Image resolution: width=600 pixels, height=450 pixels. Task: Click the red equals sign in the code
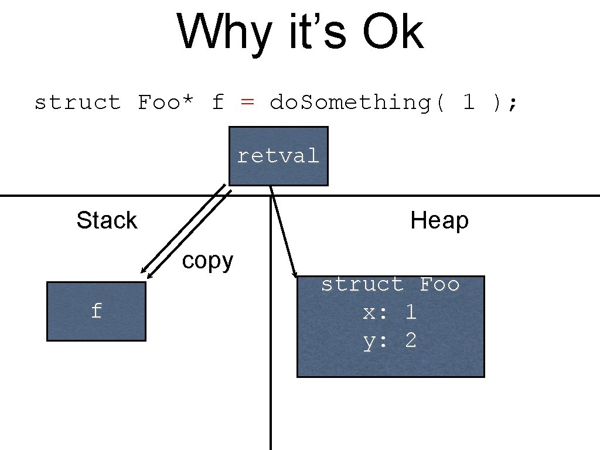(247, 103)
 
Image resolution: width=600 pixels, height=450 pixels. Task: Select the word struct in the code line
(77, 103)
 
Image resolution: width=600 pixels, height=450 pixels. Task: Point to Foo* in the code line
(166, 103)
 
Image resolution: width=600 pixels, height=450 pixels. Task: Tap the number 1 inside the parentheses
(468, 103)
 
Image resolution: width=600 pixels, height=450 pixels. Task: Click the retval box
(278, 156)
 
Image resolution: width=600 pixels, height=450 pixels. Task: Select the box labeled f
(96, 311)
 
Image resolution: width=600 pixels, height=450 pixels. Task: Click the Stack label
(107, 221)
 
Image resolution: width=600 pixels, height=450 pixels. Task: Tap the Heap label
(439, 221)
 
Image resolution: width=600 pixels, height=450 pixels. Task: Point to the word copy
(207, 260)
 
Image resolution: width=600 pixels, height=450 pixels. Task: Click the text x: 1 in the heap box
(390, 312)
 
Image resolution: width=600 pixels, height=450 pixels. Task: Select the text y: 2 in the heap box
(390, 340)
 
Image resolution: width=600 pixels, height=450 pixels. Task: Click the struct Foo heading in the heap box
(390, 284)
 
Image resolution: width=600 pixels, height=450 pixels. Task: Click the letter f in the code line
(218, 103)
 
